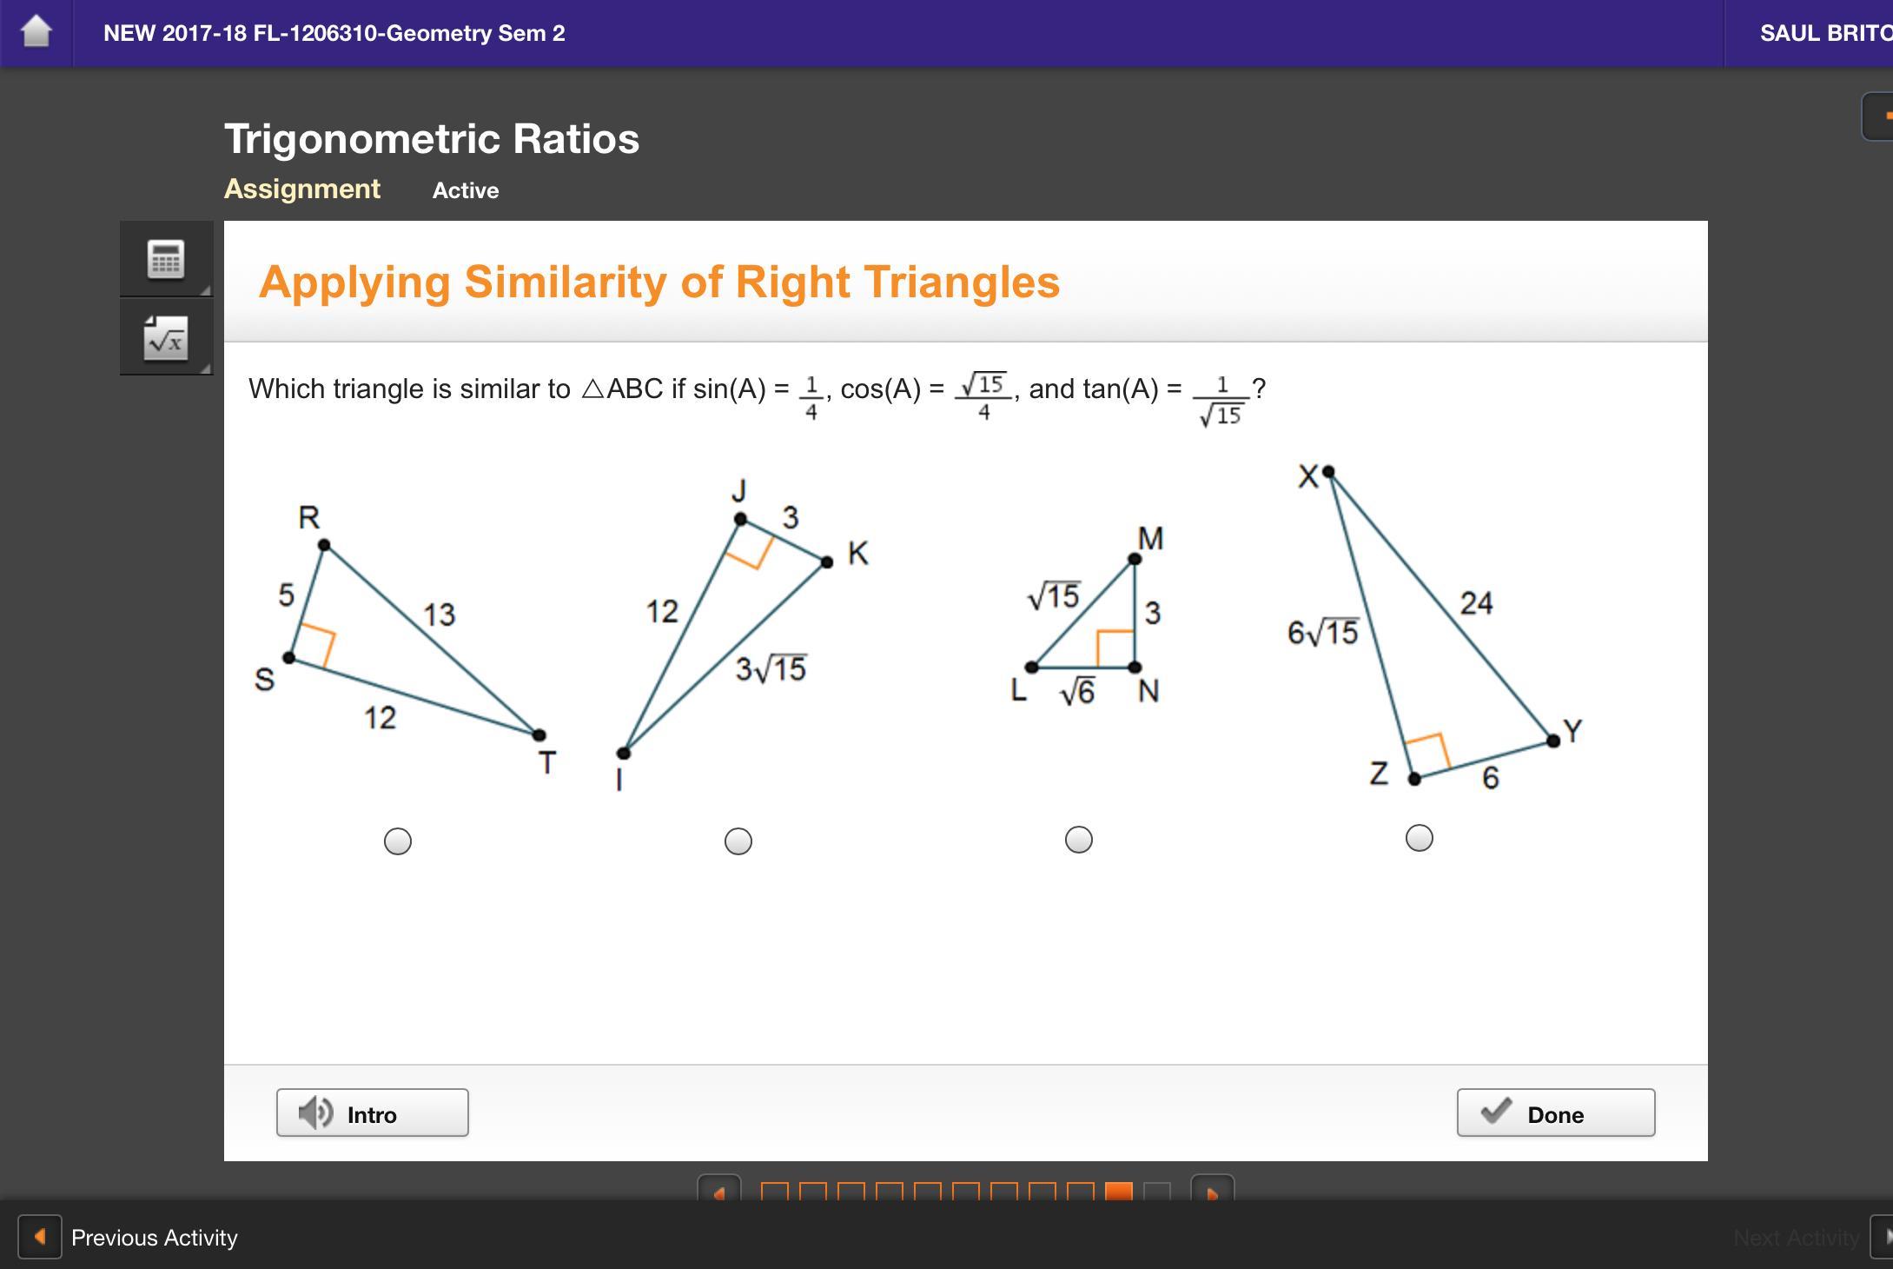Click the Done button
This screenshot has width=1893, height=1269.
pos(1555,1113)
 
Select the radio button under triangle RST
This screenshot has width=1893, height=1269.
pos(398,841)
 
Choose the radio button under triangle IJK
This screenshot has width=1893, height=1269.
pos(738,841)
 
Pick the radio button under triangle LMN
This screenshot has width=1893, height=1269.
pos(1079,840)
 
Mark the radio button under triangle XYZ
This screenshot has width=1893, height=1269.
pos(1420,838)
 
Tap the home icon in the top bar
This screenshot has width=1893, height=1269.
pos(36,32)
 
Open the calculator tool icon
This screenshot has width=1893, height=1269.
pos(166,259)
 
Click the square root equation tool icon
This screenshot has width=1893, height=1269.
pos(166,337)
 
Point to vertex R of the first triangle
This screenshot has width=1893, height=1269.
pos(324,545)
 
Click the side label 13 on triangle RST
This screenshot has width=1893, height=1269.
pos(440,615)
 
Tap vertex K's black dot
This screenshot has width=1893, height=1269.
pos(827,562)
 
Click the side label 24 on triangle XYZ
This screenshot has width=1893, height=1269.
pos(1477,602)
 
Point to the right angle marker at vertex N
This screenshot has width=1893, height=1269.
pos(1115,648)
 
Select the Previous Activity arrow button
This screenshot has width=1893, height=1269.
pos(40,1236)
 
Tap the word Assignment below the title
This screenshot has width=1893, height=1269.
pos(302,189)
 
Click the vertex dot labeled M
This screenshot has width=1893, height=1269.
pos(1135,559)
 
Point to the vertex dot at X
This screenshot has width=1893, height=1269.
pos(1328,472)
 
